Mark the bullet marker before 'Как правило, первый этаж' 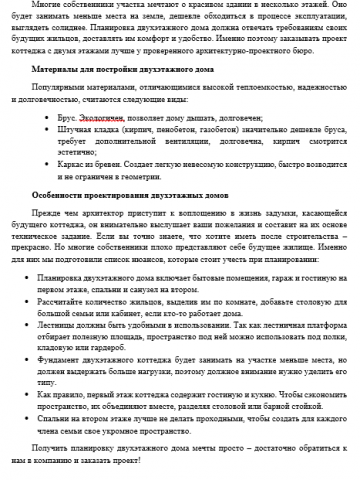tap(33, 394)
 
